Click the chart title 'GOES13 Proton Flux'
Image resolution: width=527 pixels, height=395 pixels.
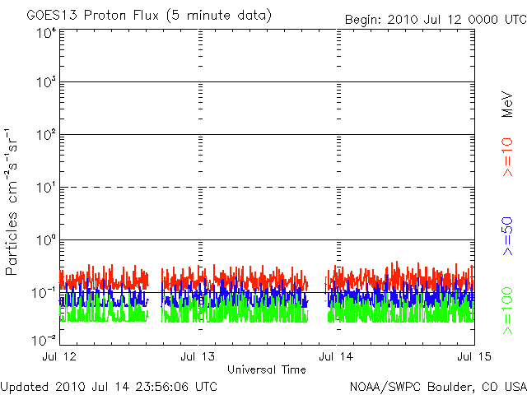coord(92,16)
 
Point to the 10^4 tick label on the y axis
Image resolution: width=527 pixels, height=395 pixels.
coord(47,34)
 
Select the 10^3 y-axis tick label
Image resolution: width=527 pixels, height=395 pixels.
coord(47,82)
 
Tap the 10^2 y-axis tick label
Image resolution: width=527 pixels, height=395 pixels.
coord(47,135)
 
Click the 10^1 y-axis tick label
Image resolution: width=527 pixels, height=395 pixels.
coord(47,188)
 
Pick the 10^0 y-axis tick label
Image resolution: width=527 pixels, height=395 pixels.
coord(47,240)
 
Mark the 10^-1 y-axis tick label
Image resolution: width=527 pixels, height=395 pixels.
coord(44,293)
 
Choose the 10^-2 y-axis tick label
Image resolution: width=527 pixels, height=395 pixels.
coord(44,341)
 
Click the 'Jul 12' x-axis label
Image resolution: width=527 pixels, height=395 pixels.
coord(59,356)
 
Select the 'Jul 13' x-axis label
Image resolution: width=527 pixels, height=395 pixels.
coord(198,356)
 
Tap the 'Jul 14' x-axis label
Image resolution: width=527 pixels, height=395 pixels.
coord(336,356)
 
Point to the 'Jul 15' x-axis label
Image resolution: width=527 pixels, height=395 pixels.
coord(474,356)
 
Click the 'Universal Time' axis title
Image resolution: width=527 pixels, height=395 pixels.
coord(267,369)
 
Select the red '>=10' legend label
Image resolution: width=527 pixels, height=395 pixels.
coord(507,157)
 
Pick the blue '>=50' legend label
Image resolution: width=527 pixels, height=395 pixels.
coord(507,236)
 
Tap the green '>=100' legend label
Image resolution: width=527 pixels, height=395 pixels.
coord(507,311)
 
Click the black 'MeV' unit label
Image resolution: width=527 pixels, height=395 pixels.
coord(507,105)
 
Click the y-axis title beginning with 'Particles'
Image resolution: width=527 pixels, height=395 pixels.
coord(11,202)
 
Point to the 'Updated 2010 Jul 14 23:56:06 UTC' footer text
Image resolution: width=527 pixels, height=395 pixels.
coord(109,387)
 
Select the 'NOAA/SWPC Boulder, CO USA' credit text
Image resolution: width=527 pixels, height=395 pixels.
coord(438,387)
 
